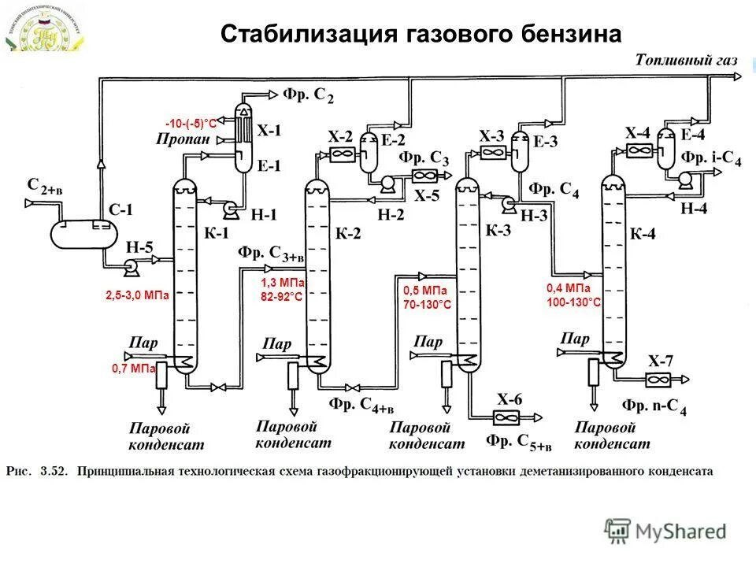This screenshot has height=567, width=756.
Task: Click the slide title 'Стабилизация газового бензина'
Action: (x=421, y=34)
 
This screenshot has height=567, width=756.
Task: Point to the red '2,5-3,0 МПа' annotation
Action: (x=137, y=296)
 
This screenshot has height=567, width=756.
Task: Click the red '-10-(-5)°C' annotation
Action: (x=191, y=124)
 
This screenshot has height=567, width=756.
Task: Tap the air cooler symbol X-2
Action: (x=341, y=156)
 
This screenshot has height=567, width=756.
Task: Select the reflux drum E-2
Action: (x=368, y=154)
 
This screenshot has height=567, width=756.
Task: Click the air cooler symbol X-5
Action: (x=425, y=176)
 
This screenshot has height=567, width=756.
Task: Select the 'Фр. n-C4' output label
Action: (x=654, y=406)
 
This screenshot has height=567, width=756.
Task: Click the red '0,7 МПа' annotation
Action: (x=132, y=368)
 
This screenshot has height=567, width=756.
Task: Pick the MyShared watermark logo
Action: (x=665, y=531)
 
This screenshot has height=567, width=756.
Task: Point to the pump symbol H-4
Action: (x=683, y=180)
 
